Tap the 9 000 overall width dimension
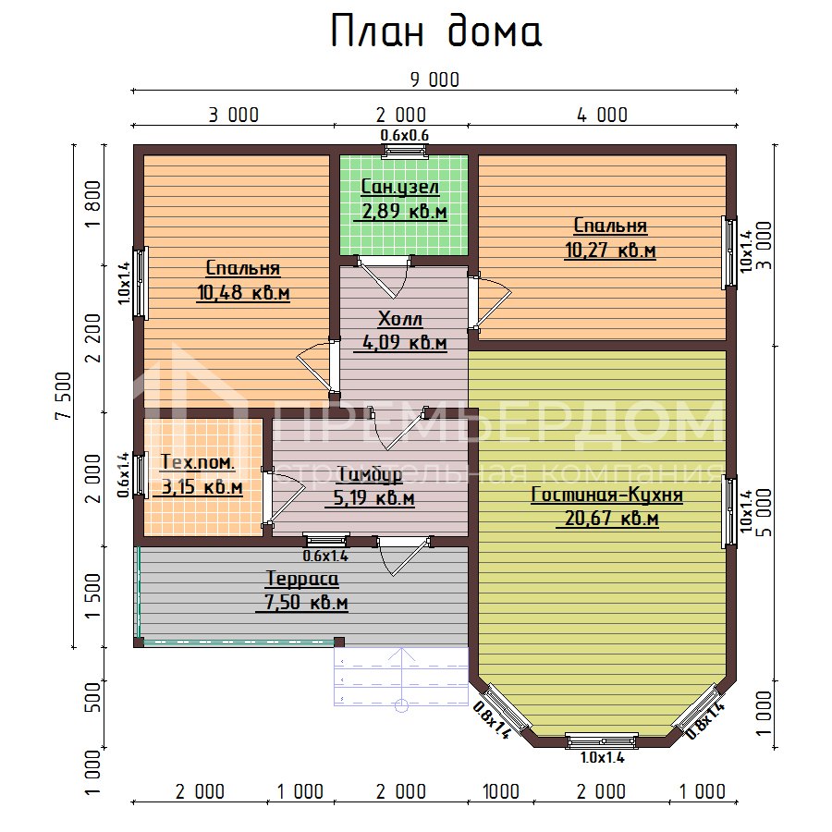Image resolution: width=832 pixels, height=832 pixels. (x=434, y=80)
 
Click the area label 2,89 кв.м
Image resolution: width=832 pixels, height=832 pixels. (x=402, y=213)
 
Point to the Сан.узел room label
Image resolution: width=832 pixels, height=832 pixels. (x=399, y=188)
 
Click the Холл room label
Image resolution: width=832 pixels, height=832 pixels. (x=400, y=320)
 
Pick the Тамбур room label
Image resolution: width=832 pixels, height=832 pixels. (x=369, y=475)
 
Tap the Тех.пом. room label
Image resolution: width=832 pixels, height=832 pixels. (x=198, y=462)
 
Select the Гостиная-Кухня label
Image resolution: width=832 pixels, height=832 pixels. (x=606, y=496)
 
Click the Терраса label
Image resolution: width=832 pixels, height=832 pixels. (x=302, y=580)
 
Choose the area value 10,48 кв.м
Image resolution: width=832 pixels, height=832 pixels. (x=243, y=293)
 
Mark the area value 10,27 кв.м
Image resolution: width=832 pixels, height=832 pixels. (x=610, y=250)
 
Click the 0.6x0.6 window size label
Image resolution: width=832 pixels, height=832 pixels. (x=406, y=136)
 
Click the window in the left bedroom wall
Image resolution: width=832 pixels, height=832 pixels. (x=140, y=283)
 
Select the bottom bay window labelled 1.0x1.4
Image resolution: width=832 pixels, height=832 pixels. (x=601, y=740)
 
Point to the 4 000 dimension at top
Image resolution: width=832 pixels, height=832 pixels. (x=601, y=116)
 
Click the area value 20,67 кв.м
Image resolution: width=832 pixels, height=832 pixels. (x=606, y=520)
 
